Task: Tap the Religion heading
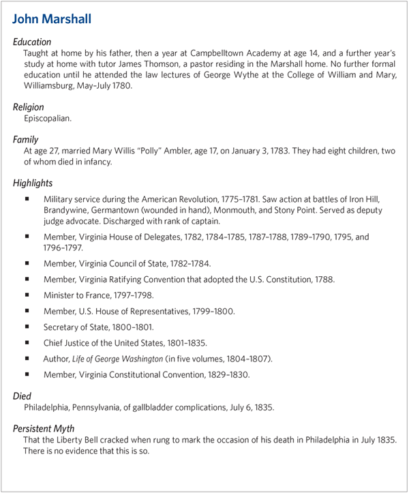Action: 29,107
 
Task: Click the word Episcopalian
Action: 47,119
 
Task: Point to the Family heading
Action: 26,139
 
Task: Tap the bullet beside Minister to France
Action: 27,295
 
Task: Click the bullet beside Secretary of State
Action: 27,327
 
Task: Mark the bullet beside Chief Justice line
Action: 27,342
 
